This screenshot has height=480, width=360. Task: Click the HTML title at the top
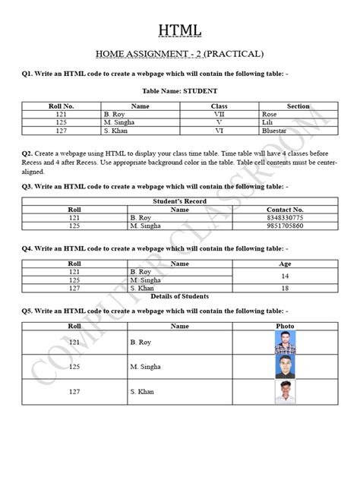(180, 31)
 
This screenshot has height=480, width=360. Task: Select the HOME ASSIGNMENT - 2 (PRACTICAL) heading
(179, 54)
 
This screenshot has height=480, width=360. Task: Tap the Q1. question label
(29, 74)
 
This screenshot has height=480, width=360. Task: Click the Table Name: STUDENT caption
(180, 91)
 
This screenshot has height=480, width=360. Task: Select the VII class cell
(219, 114)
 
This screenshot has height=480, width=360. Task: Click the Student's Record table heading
(179, 201)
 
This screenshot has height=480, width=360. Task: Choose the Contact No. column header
(285, 209)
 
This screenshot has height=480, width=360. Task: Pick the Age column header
(285, 264)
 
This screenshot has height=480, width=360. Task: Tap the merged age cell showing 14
(285, 276)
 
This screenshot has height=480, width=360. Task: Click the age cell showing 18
(285, 289)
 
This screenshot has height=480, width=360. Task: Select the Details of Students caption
(179, 297)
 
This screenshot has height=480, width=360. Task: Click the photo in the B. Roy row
(285, 343)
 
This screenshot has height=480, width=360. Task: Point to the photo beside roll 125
(285, 367)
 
